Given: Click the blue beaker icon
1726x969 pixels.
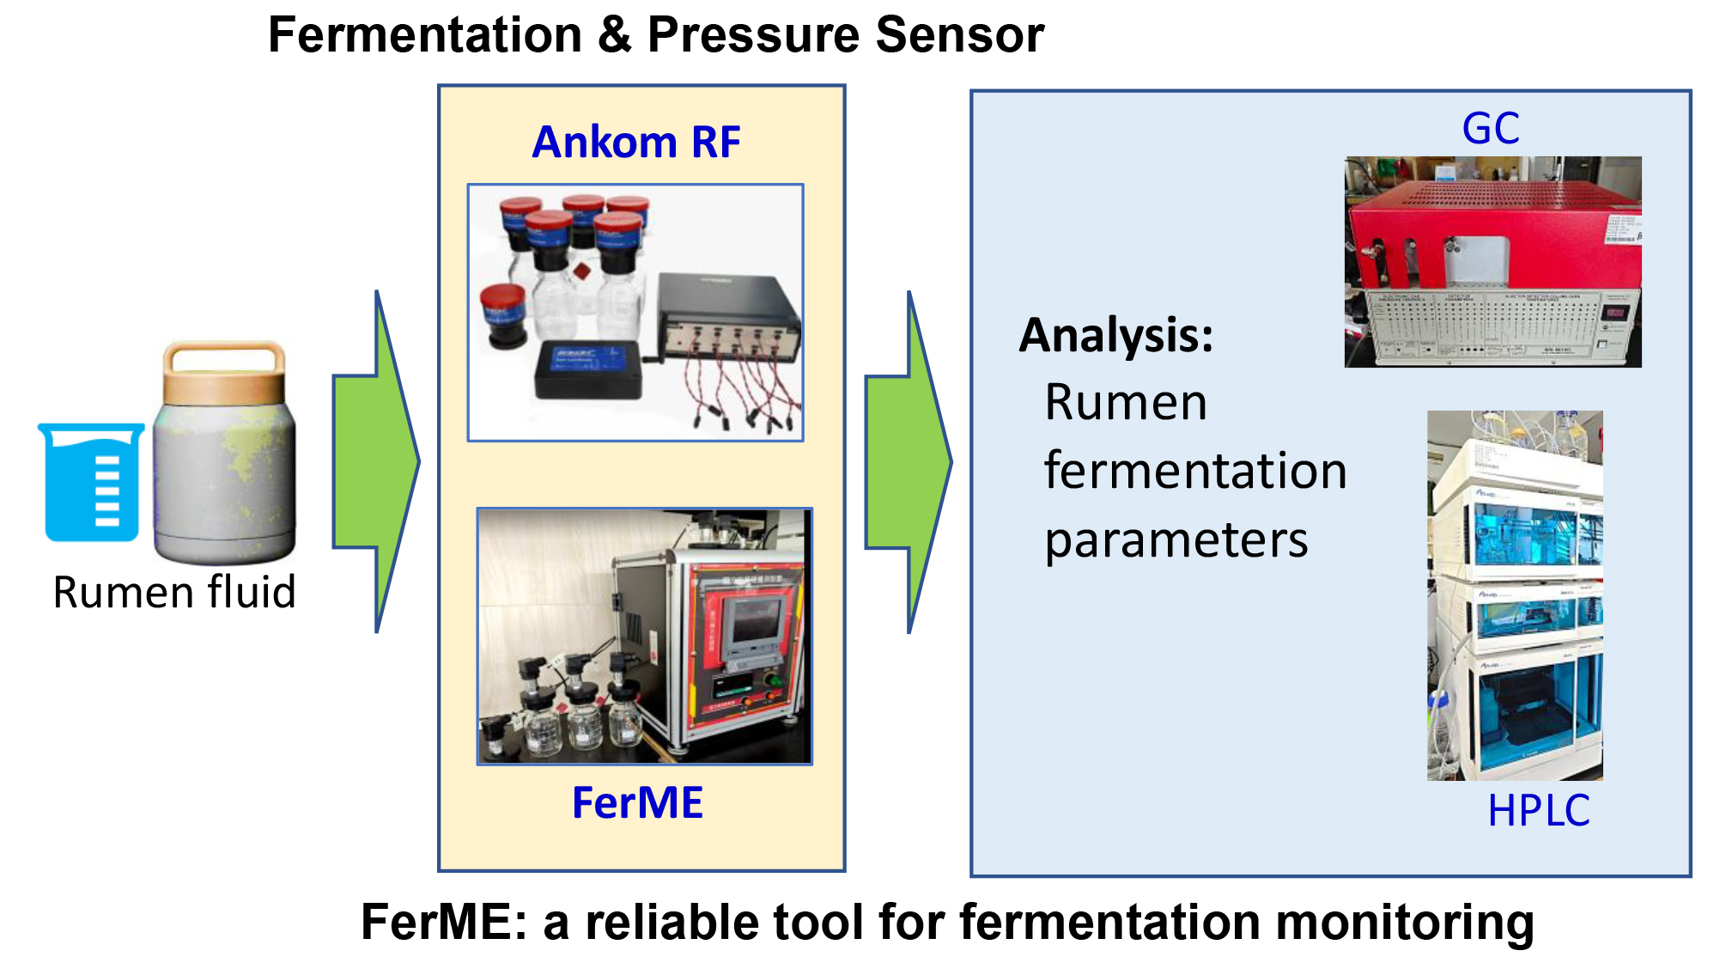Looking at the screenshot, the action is tap(91, 482).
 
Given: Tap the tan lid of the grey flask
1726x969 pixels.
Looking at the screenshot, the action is tap(224, 374).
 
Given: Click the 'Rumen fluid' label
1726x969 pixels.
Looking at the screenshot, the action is tap(174, 592).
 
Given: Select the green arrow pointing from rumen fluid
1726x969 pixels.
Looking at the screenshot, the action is tap(376, 461).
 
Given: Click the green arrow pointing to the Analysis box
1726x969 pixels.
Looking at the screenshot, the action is tap(909, 462).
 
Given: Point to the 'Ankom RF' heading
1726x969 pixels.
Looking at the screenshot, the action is tap(636, 142).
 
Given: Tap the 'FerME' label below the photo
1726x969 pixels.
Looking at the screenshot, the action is tap(638, 803).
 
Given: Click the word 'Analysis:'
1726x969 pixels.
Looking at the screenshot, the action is tap(1116, 335).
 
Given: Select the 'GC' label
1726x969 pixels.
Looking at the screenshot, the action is tap(1491, 129).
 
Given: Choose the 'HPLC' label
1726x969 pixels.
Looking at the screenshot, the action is tap(1539, 810).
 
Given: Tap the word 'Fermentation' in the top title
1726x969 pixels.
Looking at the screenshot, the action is tap(426, 35).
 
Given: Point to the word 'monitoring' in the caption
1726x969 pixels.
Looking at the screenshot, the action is tap(1405, 923).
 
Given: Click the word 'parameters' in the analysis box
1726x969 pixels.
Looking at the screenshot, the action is tap(1176, 540).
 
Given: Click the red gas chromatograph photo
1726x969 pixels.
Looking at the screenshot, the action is tap(1493, 262).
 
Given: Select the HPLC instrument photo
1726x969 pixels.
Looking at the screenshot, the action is tap(1515, 595).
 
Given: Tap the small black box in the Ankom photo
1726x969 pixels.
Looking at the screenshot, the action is tap(589, 369).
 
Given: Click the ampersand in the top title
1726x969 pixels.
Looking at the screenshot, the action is tap(616, 35).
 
